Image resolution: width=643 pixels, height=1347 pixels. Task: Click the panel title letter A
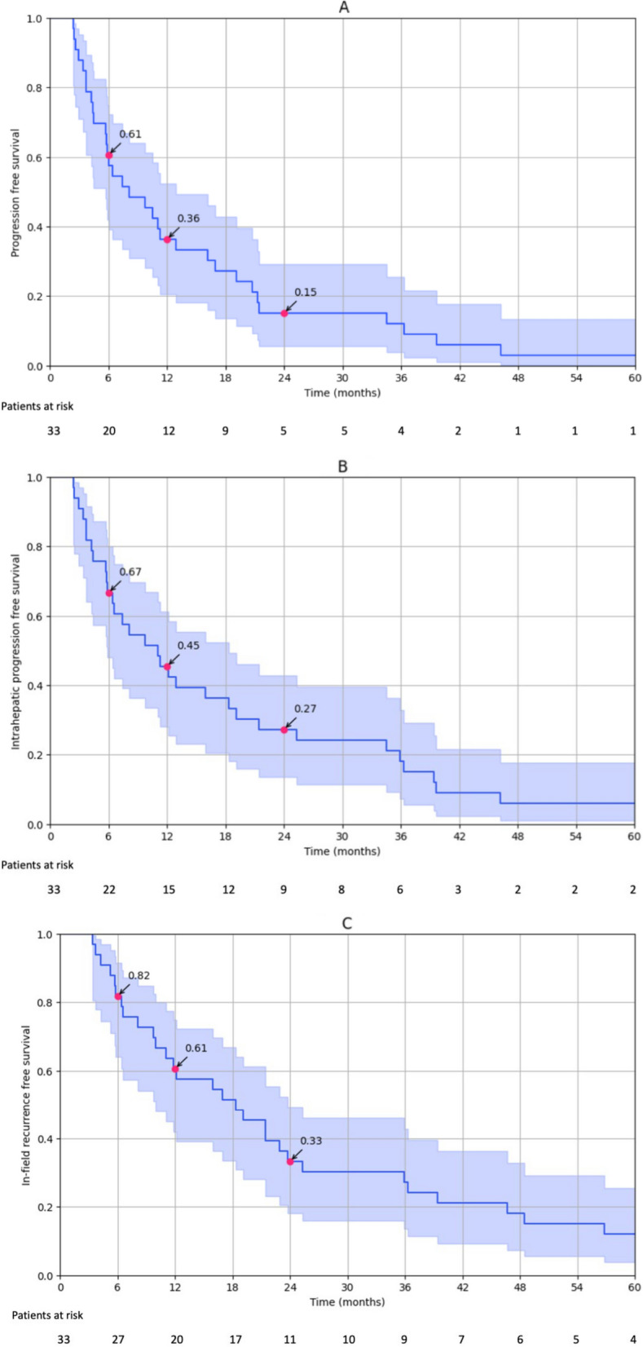344,7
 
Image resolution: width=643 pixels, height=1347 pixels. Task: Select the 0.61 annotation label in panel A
130,134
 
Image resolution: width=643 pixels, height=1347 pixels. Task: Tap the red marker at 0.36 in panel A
167,240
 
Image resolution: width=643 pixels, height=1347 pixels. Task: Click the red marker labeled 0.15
284,313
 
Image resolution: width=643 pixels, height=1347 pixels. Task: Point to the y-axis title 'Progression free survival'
15,193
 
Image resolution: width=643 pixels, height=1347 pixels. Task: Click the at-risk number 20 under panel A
108,431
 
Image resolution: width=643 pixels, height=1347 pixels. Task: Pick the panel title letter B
342,466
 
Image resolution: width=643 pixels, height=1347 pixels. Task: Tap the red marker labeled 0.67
108,593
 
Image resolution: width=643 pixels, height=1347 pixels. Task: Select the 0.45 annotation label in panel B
188,645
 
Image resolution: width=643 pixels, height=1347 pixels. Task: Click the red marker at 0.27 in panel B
284,730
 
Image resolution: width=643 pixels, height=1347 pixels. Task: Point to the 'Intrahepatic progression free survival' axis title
15,651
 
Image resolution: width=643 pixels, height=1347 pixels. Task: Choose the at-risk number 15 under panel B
169,890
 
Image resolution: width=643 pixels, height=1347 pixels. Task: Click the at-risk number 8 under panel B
341,890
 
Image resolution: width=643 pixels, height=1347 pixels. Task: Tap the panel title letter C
346,923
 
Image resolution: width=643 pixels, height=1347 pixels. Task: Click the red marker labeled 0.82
118,996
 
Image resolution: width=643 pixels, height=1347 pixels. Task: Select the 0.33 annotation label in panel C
311,1140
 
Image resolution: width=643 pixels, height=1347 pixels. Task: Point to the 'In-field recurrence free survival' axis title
26,1106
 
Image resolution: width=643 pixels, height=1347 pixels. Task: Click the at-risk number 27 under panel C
118,1339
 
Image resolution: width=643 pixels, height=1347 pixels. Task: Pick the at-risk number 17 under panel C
236,1339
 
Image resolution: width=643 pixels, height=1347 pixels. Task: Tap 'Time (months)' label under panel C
347,1302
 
